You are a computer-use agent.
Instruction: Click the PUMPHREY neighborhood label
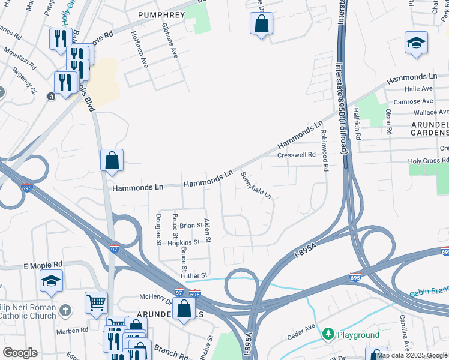coord(159,14)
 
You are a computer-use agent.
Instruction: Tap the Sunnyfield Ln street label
coord(256,186)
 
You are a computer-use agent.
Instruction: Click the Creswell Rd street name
coord(296,155)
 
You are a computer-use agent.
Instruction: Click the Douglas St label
coord(159,230)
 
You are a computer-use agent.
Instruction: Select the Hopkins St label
coord(184,242)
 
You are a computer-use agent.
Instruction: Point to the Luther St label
coord(195,275)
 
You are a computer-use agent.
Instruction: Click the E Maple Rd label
coord(43,265)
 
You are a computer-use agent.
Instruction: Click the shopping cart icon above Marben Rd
coord(96,302)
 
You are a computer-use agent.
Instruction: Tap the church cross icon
coord(66,310)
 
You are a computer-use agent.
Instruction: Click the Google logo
coord(20,353)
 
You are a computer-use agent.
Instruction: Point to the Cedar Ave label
coord(301,332)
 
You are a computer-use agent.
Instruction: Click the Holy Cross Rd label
coord(428,161)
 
